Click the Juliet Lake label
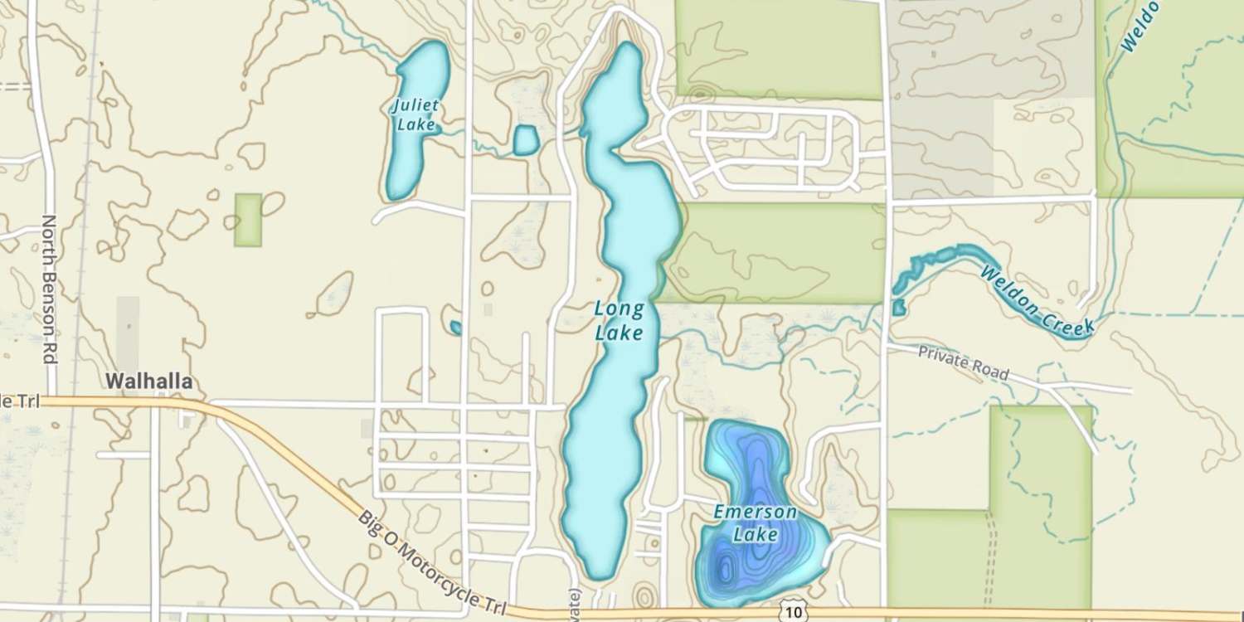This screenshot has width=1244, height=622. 416,115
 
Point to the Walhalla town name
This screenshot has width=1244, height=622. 149,381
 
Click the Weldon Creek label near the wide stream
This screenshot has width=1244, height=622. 1037,300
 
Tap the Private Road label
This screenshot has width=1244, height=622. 964,362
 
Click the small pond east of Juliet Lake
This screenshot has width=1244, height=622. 525,140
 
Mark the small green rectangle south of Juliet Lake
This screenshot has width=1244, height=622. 248,220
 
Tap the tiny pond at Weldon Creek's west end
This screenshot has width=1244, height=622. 899,308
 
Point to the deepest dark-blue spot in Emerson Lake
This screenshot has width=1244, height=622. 726,571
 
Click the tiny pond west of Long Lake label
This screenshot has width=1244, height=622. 455,328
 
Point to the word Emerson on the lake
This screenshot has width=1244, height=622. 756,512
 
